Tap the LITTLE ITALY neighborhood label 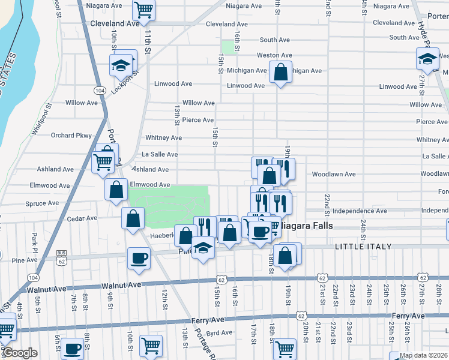(363, 247)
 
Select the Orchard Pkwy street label (71, 135)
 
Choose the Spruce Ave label (42, 203)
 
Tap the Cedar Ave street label (82, 218)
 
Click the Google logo (19, 353)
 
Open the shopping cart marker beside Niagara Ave (143, 9)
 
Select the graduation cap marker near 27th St (427, 58)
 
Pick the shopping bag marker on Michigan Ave (280, 72)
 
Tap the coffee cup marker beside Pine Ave (139, 258)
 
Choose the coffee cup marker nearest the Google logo (73, 348)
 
